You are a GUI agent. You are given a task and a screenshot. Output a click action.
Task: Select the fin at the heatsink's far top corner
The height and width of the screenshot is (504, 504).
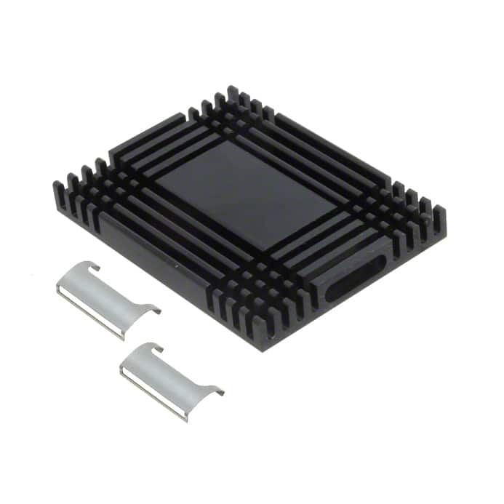pos(232,92)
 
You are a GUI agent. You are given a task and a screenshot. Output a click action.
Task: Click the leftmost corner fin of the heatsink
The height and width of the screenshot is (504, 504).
pos(57,191)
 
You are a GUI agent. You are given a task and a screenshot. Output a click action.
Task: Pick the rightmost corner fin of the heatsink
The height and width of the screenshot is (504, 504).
pos(440,216)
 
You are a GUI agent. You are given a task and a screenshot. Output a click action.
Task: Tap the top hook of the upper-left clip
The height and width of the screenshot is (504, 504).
pos(92,266)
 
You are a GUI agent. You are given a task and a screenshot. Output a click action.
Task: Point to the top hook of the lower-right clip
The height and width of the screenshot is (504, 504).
pos(155,348)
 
